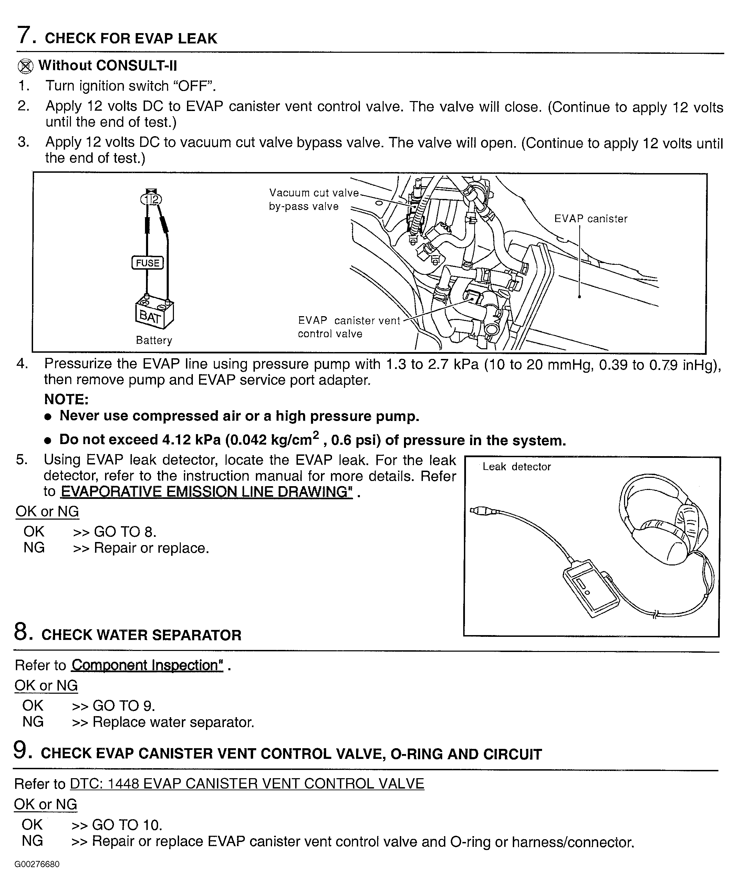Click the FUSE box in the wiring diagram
(147, 263)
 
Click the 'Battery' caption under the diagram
(154, 340)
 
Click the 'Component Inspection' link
(147, 665)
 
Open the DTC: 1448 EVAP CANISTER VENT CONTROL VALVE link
(247, 783)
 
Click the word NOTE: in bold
(66, 399)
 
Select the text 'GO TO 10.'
(127, 825)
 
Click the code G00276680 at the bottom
(37, 864)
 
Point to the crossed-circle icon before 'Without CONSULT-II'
(25, 66)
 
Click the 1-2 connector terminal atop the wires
(151, 199)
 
